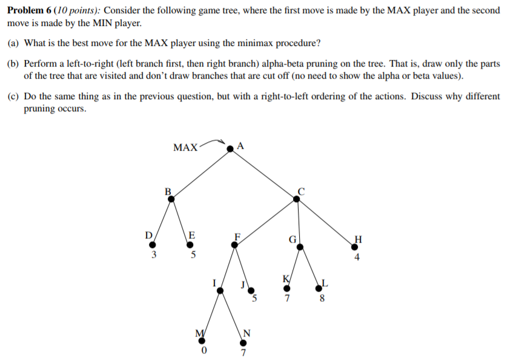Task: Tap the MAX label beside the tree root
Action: (x=185, y=147)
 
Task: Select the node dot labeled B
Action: (x=171, y=197)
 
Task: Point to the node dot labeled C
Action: (x=297, y=197)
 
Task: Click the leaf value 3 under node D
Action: (x=153, y=255)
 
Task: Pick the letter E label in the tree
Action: (x=192, y=234)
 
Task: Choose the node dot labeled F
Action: (x=234, y=245)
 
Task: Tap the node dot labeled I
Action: (x=220, y=290)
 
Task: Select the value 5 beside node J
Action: (x=255, y=298)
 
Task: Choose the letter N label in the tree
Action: (x=246, y=333)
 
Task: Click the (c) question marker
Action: (x=13, y=96)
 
